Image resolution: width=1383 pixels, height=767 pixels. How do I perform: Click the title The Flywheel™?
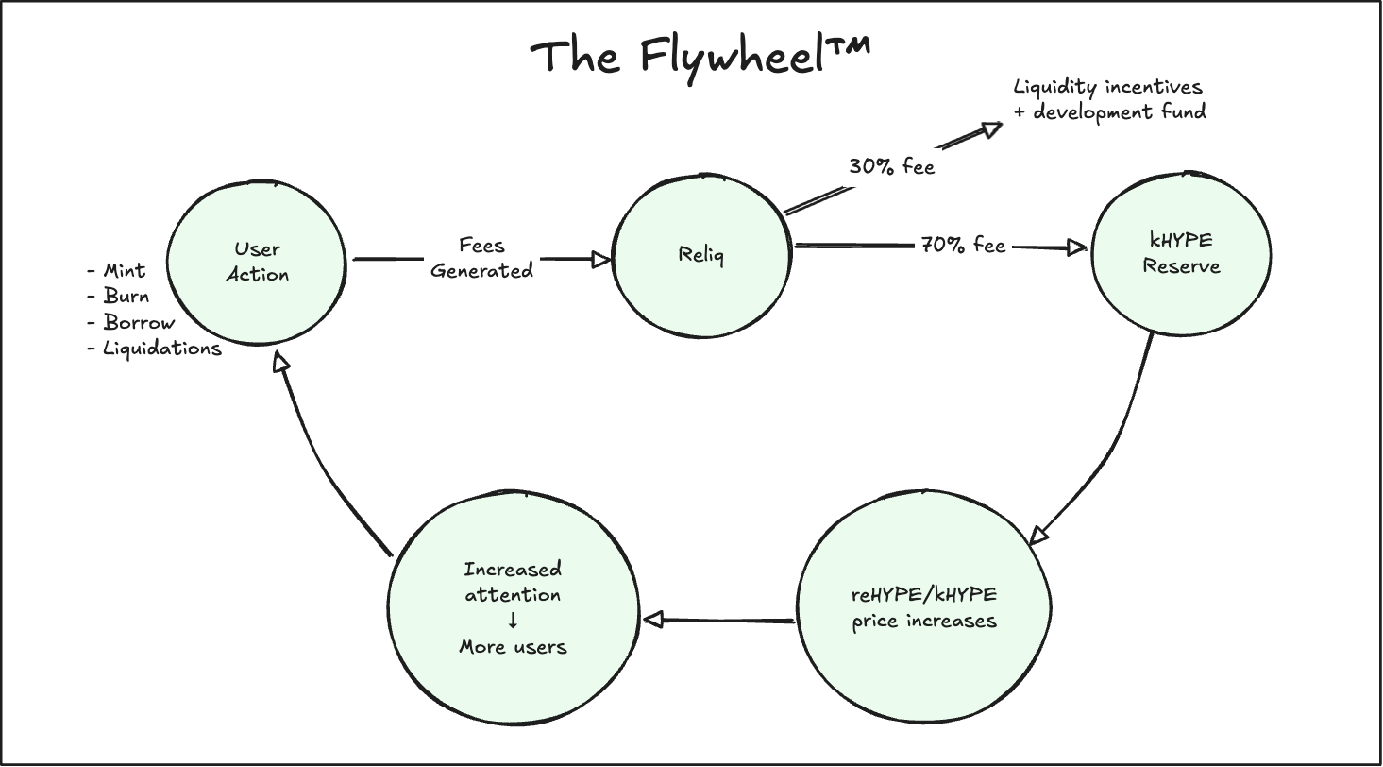pos(700,57)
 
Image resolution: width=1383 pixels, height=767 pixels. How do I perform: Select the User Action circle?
pos(257,262)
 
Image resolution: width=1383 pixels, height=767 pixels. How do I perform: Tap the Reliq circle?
pos(700,255)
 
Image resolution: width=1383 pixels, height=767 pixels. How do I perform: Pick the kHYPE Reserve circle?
pos(1181,255)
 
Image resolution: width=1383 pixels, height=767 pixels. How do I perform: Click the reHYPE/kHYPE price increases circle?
pos(924,608)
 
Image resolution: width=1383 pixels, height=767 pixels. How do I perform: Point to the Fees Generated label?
pos(481,258)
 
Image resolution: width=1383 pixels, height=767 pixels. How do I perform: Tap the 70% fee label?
pos(963,246)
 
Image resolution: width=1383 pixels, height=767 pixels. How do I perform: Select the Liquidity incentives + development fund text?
pos(1109,99)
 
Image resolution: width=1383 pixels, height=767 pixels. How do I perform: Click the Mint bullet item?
pos(117,271)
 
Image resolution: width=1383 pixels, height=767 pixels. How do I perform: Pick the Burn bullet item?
pos(119,297)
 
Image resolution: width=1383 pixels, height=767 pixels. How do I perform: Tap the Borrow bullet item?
pos(131,322)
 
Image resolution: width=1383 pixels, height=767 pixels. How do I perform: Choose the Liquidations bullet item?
pos(155,349)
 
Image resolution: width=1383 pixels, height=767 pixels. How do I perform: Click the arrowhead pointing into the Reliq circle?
pos(601,259)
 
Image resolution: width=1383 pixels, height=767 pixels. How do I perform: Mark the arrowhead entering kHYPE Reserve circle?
pos(1077,247)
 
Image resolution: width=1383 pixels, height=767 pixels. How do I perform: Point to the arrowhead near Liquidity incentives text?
pos(990,128)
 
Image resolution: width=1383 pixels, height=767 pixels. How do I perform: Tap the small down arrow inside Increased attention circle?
pos(513,621)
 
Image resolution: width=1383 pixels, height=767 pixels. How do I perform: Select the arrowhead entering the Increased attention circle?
pos(654,620)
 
